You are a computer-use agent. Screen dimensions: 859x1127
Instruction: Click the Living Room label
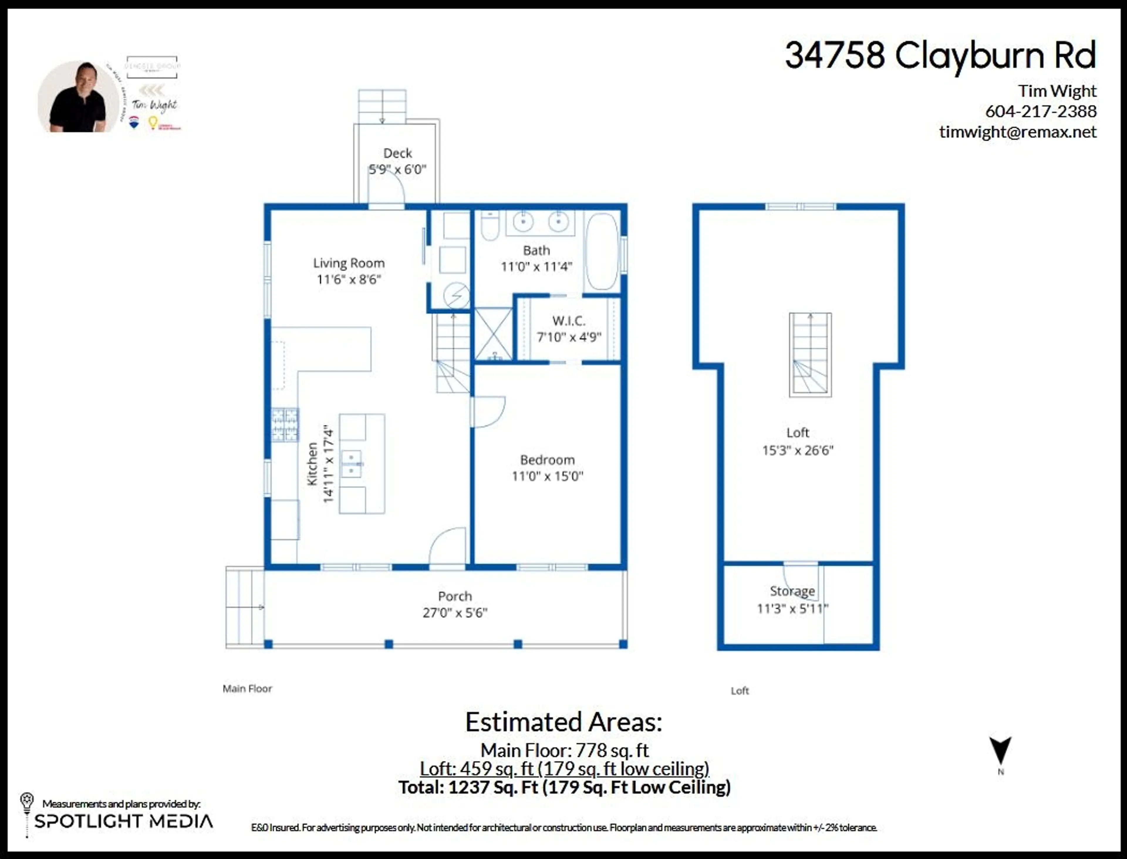349,263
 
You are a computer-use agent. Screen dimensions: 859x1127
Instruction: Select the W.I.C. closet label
568,321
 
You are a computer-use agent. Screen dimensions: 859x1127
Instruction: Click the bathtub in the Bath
602,252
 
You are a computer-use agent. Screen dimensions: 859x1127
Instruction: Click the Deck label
397,153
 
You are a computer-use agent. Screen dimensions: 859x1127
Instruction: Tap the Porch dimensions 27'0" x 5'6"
455,613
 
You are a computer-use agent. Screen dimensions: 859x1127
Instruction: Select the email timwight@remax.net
1018,132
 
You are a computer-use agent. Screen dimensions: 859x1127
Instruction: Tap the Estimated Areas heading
563,722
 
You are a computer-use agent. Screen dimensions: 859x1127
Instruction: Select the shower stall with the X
493,334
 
